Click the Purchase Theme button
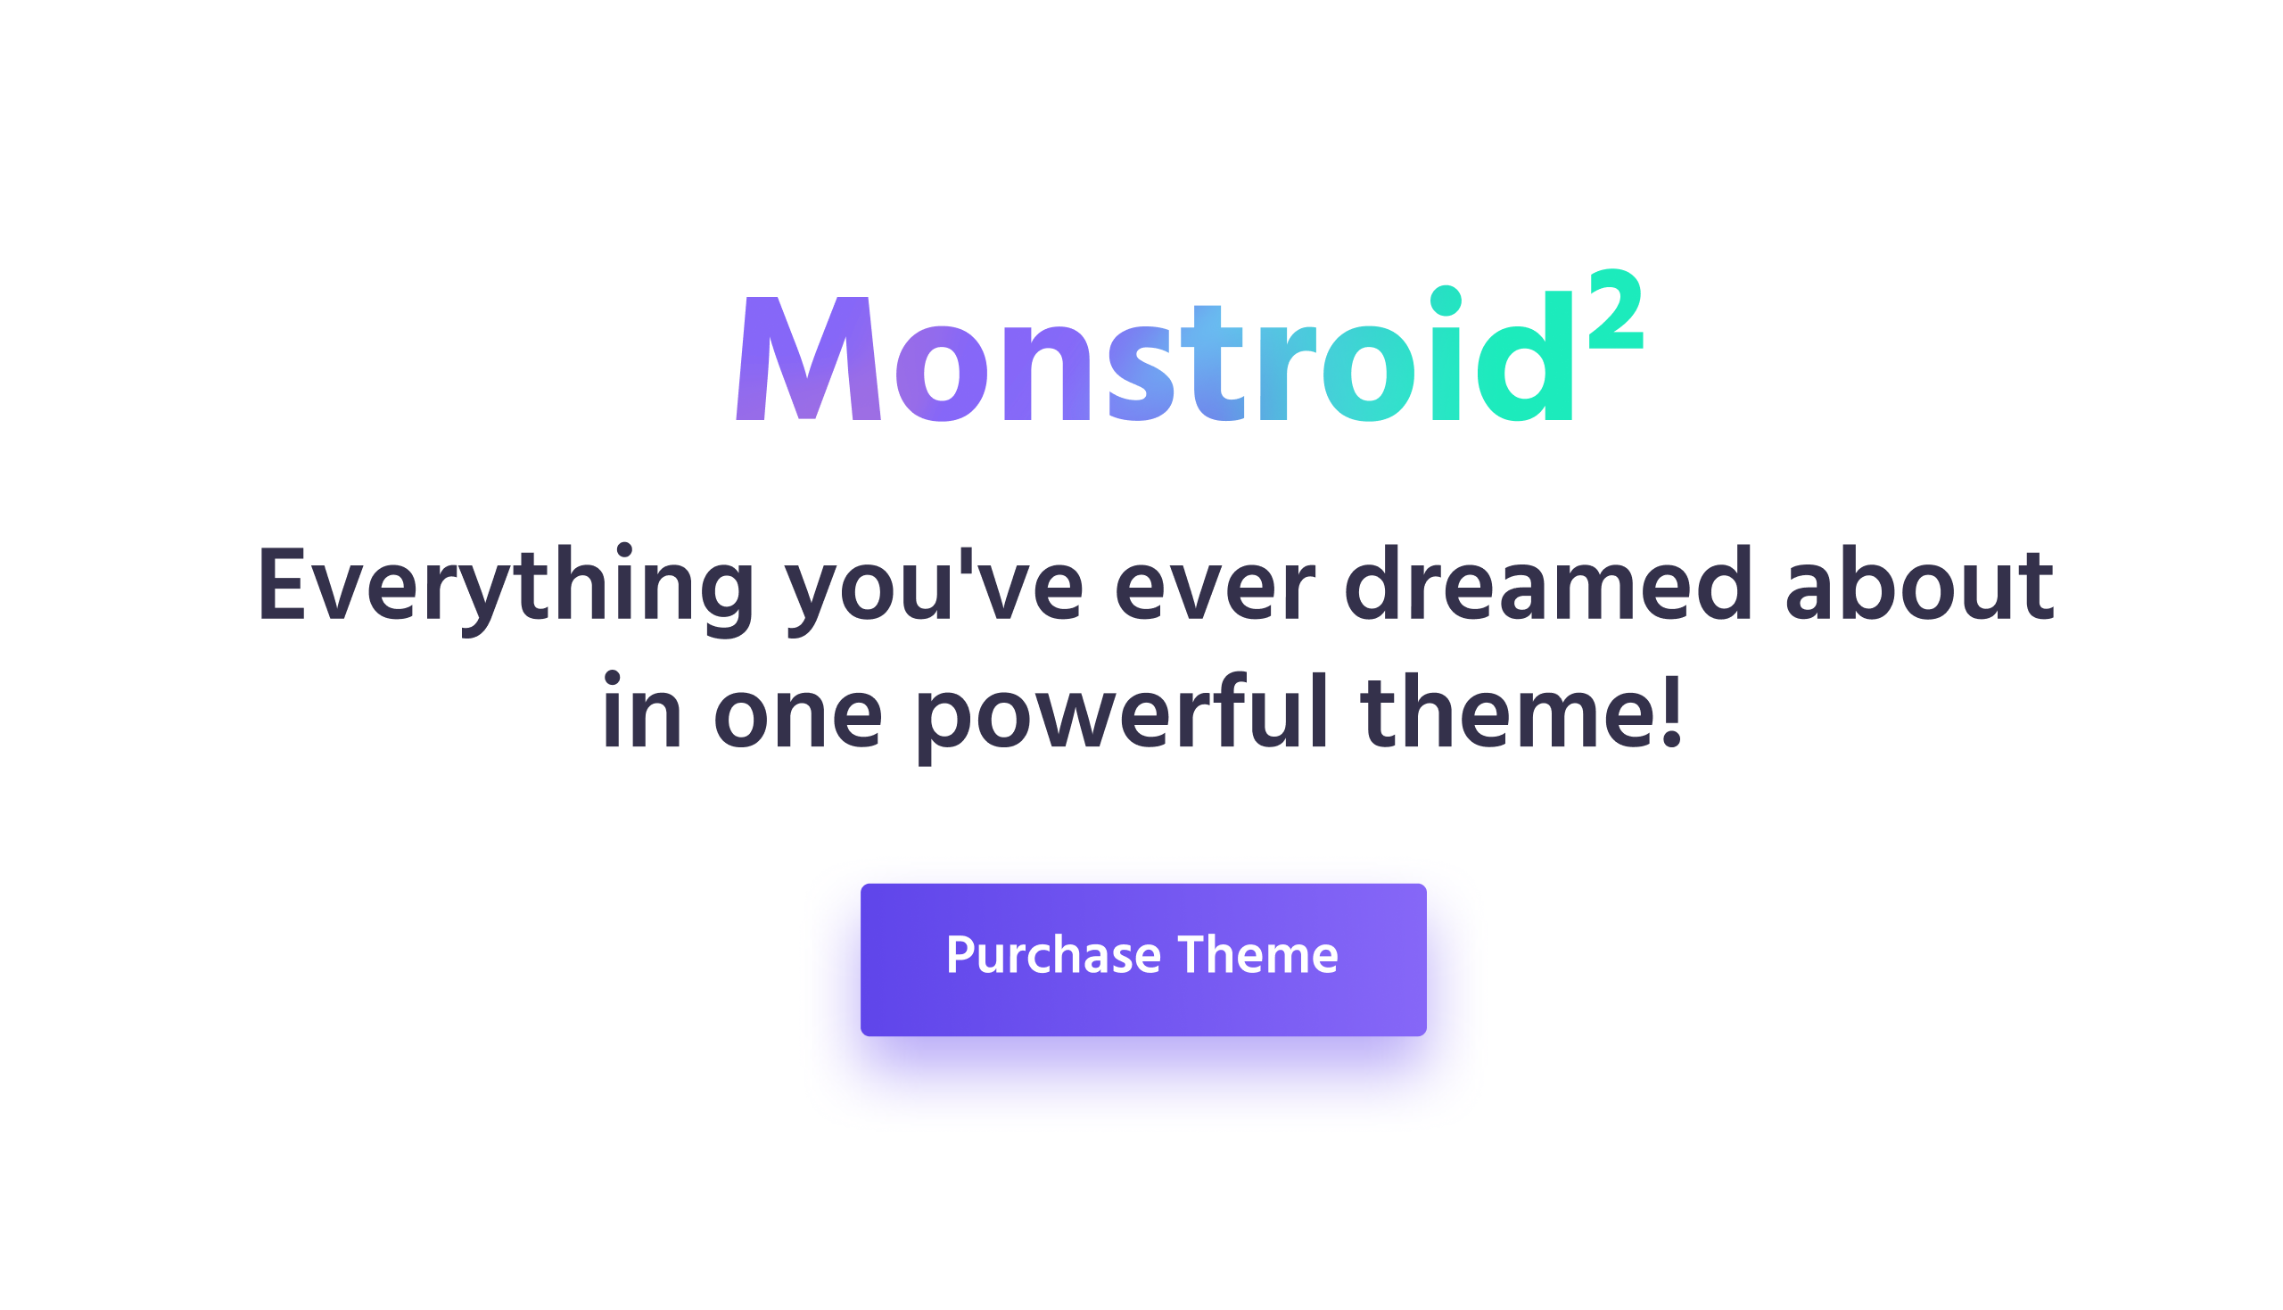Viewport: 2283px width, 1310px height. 1143,960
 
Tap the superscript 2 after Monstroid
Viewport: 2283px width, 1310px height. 1616,309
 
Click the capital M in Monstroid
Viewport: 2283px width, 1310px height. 808,358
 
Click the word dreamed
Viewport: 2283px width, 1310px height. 1547,583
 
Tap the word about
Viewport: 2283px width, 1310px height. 1919,583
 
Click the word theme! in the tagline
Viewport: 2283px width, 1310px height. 1521,711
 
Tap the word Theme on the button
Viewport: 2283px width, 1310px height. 1257,953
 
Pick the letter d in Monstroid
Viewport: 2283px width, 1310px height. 1525,357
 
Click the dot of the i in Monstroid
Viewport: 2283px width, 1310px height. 1446,301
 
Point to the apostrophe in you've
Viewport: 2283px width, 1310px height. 967,560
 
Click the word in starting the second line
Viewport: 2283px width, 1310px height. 641,711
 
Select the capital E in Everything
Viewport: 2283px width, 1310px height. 282,584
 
